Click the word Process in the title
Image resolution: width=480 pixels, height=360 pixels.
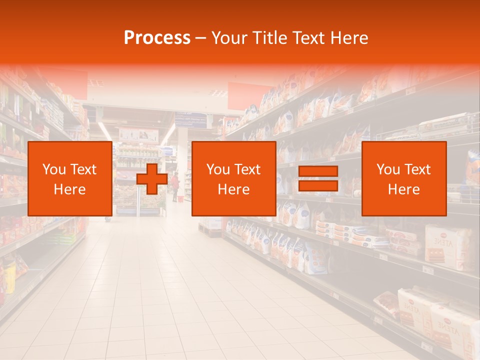pyautogui.click(x=157, y=38)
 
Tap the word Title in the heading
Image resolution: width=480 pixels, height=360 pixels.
pyautogui.click(x=270, y=38)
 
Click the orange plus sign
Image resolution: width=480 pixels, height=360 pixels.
pyautogui.click(x=152, y=179)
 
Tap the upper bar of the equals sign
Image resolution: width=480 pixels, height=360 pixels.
pyautogui.click(x=318, y=171)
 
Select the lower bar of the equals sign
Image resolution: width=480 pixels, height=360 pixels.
pyautogui.click(x=318, y=186)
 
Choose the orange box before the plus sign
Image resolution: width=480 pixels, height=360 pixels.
pyautogui.click(x=70, y=178)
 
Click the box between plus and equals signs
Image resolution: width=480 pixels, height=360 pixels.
pyautogui.click(x=233, y=178)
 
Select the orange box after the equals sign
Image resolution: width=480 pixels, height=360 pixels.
pyautogui.click(x=404, y=178)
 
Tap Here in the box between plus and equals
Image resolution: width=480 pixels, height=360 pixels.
pyautogui.click(x=233, y=189)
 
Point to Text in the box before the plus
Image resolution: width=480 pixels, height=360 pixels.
pyautogui.click(x=83, y=169)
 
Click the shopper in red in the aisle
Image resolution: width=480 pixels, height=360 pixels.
pyautogui.click(x=175, y=186)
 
